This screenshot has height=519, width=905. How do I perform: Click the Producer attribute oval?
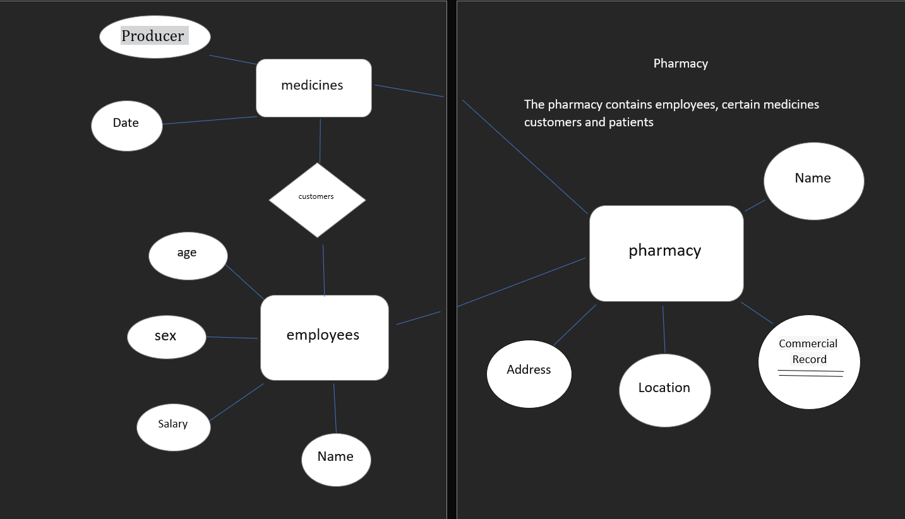155,37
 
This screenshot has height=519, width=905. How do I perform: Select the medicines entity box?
313,88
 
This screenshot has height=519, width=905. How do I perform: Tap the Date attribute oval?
126,125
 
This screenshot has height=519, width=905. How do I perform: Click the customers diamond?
317,200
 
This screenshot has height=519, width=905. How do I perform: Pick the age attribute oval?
188,255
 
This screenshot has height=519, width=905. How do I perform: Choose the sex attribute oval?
166,337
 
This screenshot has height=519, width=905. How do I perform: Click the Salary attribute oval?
173,427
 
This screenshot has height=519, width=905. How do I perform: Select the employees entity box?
324,337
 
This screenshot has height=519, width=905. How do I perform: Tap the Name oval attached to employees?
336,459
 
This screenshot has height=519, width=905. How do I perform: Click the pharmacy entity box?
666,253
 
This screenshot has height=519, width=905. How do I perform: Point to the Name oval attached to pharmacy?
813,181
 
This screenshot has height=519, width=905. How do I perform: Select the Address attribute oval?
529,373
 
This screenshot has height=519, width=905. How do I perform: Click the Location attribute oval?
664,390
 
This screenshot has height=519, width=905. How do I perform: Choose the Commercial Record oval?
808,361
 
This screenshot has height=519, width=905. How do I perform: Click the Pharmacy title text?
680,63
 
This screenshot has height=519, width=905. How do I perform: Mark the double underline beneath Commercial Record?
810,373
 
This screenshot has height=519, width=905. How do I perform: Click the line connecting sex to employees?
232,337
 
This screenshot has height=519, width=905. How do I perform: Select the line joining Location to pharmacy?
664,329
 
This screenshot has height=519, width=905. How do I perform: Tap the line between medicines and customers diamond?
320,141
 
